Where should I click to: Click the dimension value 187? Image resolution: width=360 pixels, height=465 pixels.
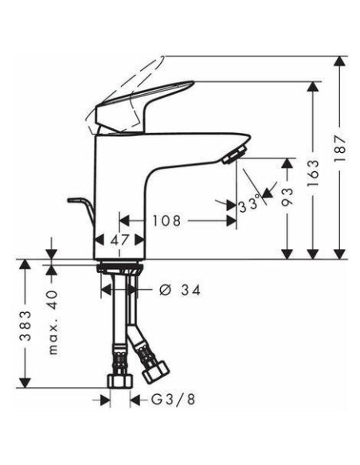tap(339, 148)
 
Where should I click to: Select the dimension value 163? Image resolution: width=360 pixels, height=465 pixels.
tap(313, 174)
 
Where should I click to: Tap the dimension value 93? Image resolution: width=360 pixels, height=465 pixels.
tap(287, 197)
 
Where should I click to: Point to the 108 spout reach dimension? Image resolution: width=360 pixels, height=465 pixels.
tap(166, 221)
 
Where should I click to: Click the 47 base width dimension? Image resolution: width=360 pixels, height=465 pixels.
tap(120, 240)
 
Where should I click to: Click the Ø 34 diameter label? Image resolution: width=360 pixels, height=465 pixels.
tap(180, 290)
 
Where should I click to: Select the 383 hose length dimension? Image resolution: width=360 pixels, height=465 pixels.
tap(25, 326)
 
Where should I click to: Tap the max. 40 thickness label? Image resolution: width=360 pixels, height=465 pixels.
tap(53, 322)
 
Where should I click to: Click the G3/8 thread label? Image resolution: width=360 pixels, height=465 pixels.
tap(174, 400)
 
